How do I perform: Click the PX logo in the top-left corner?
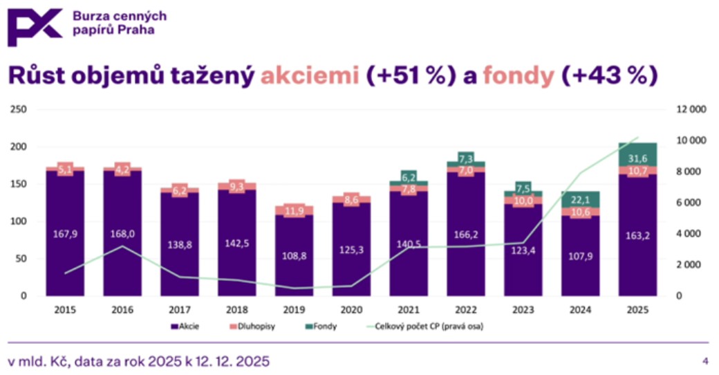[34, 27]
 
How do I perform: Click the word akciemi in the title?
[310, 75]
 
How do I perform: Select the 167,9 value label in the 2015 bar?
[65, 235]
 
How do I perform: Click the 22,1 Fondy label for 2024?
[581, 199]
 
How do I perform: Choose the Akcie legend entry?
[184, 326]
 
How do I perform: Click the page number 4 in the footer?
[705, 361]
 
